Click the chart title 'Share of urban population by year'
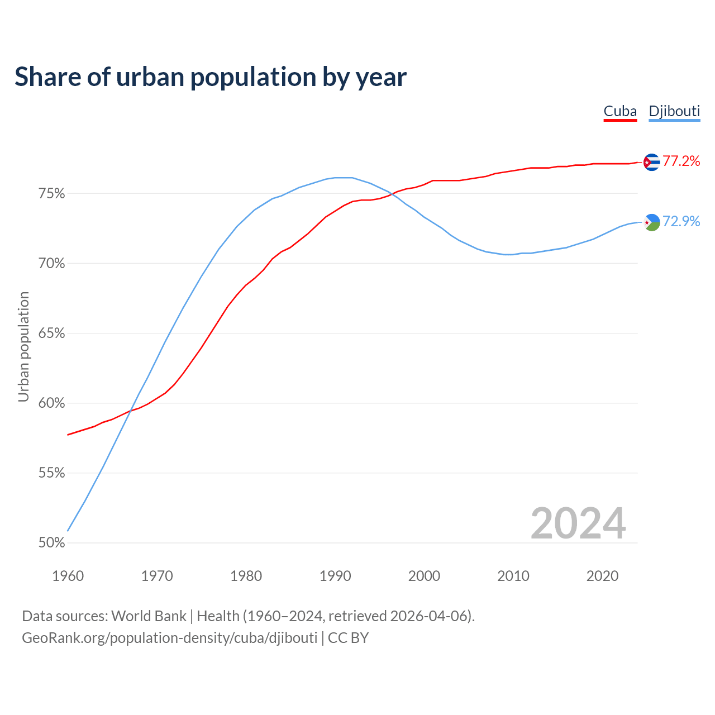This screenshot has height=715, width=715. tap(210, 77)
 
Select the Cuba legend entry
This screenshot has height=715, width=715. tap(620, 111)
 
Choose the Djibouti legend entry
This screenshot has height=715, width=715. tap(674, 111)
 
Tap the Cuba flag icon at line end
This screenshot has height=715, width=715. tap(651, 162)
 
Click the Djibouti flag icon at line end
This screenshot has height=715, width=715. tap(651, 222)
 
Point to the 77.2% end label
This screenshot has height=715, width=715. tap(681, 161)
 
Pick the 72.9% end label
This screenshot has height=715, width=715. tap(681, 222)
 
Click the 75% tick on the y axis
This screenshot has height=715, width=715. tap(51, 194)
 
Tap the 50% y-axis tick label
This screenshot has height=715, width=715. tap(51, 543)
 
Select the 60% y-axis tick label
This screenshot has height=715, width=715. tap(51, 403)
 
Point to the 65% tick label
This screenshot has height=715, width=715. tap(51, 333)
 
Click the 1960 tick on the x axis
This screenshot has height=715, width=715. tap(68, 576)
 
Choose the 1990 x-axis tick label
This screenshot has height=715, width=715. tap(335, 576)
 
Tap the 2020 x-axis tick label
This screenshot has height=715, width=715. tap(602, 576)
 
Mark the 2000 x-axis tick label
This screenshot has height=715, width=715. tap(424, 576)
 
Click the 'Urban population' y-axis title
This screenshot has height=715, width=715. tap(23, 346)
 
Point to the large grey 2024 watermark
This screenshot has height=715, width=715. tap(578, 523)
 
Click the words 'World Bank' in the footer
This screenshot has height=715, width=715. tap(149, 616)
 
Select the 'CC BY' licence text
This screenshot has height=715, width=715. tap(348, 638)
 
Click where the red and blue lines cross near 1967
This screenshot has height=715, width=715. tap(130, 411)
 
